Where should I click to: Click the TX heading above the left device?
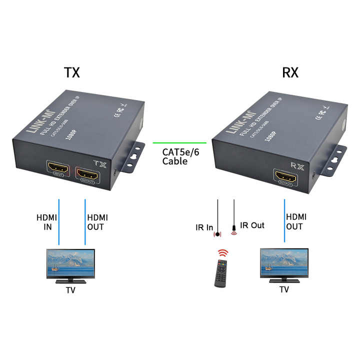(x=72, y=72)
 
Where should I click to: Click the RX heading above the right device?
(x=290, y=72)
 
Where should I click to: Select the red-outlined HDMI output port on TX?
(x=87, y=173)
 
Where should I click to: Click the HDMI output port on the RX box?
(x=285, y=176)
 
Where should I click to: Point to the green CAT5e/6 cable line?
(x=179, y=142)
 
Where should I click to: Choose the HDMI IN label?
(x=46, y=222)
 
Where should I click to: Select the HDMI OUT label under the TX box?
(x=97, y=222)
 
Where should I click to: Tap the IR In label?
(x=204, y=228)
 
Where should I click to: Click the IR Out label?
(x=252, y=225)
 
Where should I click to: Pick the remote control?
(x=220, y=272)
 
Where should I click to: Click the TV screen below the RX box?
(x=284, y=263)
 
